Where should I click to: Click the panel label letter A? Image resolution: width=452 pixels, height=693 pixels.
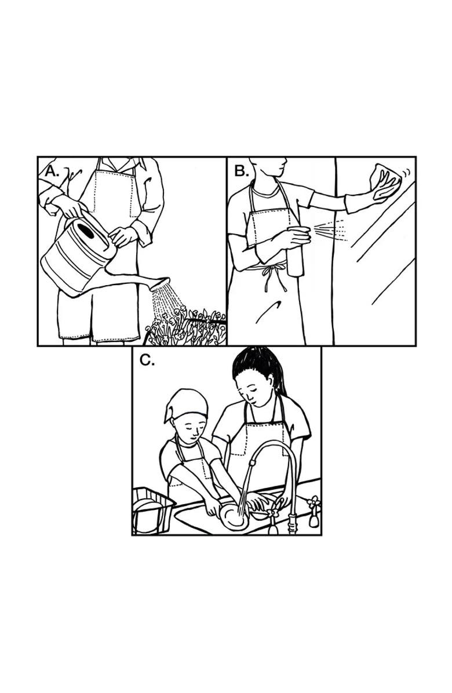52,172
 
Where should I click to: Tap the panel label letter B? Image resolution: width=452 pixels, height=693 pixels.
242,171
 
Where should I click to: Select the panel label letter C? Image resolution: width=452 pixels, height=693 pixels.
147,360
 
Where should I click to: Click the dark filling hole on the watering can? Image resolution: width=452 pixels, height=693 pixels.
85,230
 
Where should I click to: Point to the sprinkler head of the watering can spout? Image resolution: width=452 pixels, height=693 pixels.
160,284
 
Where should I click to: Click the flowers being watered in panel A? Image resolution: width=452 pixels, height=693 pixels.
185,327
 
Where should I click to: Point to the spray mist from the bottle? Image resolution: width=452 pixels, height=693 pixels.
330,230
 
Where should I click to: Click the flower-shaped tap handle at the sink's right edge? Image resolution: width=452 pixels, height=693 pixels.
314,502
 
